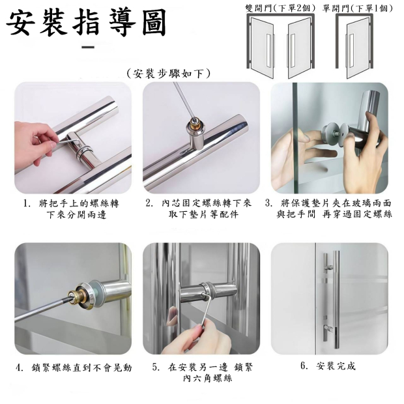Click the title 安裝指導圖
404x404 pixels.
point(86,23)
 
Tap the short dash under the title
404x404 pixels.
point(88,47)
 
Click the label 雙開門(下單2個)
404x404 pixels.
point(281,8)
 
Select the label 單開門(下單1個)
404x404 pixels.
point(358,8)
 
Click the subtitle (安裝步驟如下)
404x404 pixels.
point(169,74)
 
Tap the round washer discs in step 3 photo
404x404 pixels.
point(336,134)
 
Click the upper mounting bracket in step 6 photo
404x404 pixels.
point(328,269)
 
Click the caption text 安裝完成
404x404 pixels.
point(336,366)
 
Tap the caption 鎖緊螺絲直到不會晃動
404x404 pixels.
point(81,368)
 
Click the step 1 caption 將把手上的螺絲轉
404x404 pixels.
point(79,203)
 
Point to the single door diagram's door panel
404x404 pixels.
point(358,49)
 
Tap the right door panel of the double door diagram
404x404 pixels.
point(299,48)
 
